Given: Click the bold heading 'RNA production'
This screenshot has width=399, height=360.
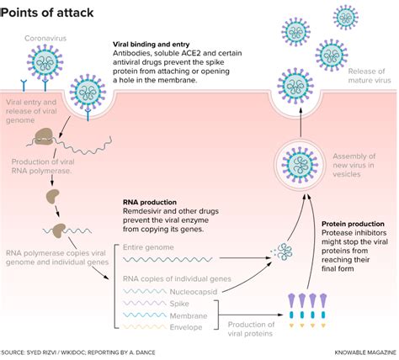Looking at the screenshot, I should pos(151,202).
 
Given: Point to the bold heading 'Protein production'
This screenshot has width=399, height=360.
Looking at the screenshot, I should pos(349,225).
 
